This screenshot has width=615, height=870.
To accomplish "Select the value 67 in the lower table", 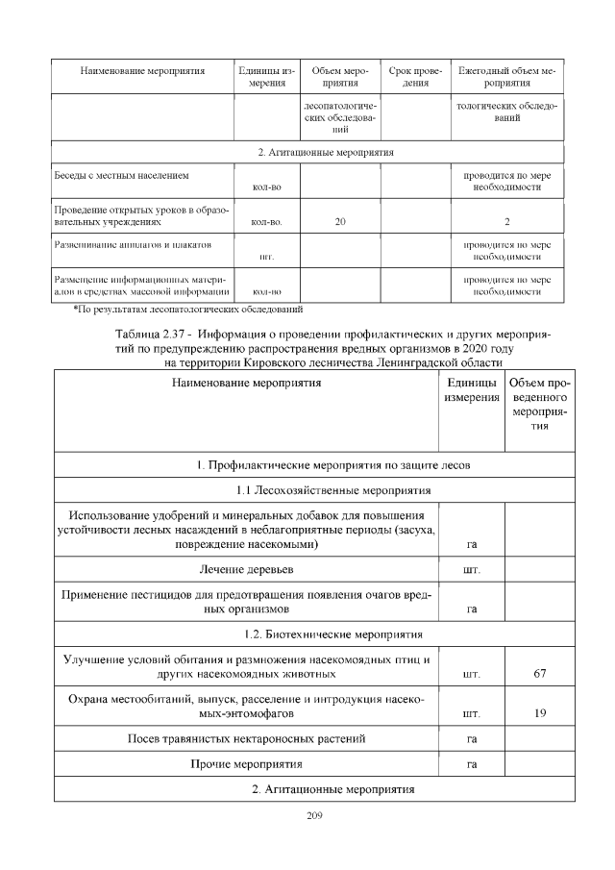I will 539,674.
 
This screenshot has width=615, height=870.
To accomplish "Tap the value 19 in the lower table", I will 539,714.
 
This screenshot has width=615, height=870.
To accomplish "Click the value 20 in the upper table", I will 340,223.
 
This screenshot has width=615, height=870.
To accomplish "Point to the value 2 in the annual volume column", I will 506,223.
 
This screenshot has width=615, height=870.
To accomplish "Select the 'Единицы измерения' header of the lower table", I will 471,390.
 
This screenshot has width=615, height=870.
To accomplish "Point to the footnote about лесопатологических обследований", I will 188,310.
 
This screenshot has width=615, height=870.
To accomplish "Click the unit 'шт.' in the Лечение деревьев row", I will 471,571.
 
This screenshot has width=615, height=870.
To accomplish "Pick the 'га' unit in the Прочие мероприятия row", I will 471,765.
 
